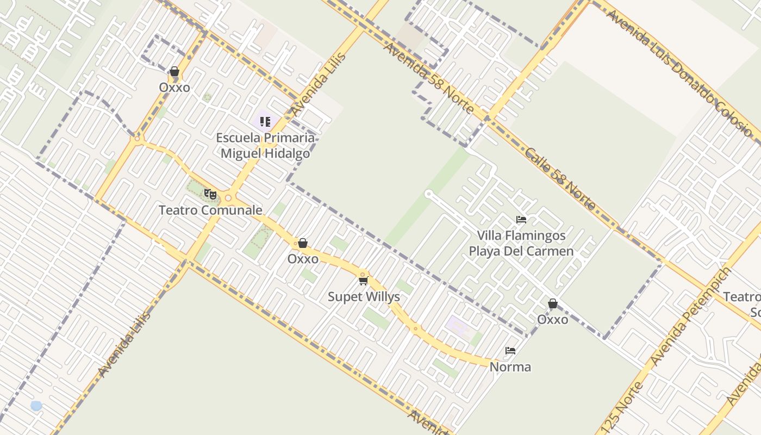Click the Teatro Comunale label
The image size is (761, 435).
(210, 210)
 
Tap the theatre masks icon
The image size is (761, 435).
(210, 194)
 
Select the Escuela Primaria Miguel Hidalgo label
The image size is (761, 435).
(265, 145)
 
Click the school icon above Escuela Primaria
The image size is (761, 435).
(265, 122)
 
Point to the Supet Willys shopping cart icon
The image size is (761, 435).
(363, 281)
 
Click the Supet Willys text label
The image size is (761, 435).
(364, 297)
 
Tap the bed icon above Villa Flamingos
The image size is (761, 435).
(521, 220)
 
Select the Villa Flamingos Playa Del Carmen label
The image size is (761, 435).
(521, 243)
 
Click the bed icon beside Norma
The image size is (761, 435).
(510, 351)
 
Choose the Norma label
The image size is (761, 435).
(510, 367)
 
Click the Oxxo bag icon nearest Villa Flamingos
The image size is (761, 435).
(553, 303)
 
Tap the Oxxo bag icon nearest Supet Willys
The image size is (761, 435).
(303, 243)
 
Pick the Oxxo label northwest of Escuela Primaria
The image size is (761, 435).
(174, 88)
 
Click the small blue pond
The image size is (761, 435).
(36, 406)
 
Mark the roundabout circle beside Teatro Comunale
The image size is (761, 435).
(228, 198)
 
